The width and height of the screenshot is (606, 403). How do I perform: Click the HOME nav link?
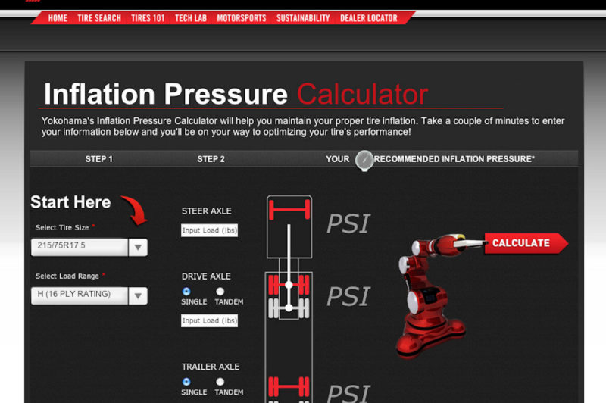tap(58, 18)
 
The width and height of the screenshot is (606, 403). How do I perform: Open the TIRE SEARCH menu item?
tap(99, 18)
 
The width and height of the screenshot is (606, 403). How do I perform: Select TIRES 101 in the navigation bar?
tap(148, 18)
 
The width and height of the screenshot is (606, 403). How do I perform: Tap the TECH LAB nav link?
tap(191, 18)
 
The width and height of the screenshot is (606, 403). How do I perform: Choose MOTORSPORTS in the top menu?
tap(242, 18)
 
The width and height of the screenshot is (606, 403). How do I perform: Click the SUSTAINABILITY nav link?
tap(303, 18)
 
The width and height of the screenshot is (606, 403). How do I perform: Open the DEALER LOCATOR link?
tap(369, 18)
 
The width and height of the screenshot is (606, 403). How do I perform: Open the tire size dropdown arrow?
tap(138, 247)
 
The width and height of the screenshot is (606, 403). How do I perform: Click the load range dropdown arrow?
tap(138, 295)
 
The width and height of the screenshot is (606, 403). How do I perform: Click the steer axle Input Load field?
tap(210, 230)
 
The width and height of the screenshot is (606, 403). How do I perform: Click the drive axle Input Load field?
tap(210, 320)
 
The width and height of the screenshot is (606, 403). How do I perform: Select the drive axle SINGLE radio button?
tap(186, 291)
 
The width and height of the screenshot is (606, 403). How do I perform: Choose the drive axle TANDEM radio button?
tap(220, 291)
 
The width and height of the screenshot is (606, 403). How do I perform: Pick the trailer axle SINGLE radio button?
tap(186, 382)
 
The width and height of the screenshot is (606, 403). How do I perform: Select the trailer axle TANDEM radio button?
tap(220, 382)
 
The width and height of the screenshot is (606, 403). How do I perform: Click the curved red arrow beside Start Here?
tap(136, 209)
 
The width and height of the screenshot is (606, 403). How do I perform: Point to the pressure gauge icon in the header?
tap(364, 160)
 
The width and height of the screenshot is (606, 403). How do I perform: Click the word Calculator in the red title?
tap(362, 95)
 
